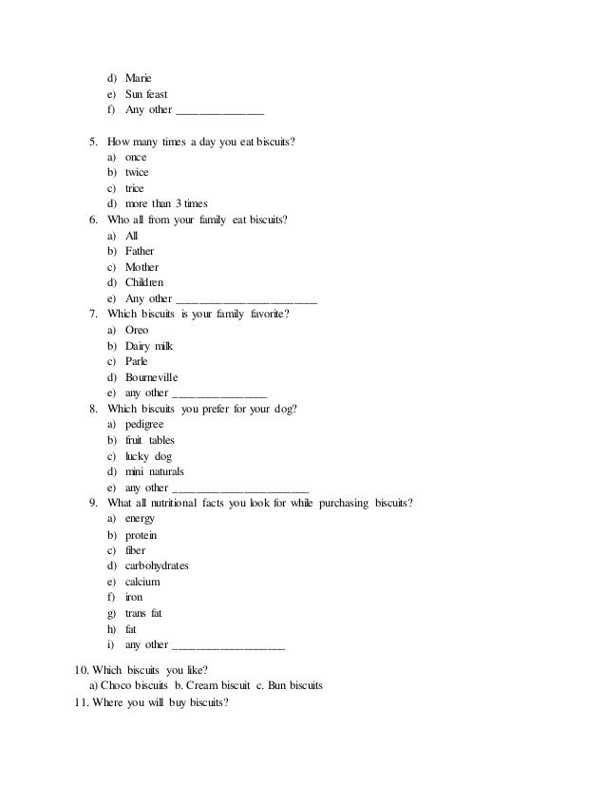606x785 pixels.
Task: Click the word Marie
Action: [139, 79]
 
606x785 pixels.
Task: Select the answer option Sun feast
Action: [146, 95]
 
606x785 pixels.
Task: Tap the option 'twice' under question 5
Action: [137, 173]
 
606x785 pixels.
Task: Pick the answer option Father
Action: [140, 252]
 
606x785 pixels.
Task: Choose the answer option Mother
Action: [142, 267]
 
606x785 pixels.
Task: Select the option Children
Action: [144, 283]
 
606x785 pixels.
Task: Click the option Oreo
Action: [137, 330]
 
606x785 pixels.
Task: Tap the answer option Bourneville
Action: [151, 377]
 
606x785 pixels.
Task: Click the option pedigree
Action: [144, 424]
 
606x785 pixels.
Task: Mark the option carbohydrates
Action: [157, 565]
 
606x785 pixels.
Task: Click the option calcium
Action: [142, 582]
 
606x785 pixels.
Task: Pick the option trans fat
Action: [143, 613]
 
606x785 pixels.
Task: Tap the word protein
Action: [142, 534]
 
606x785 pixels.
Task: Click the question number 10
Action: [82, 670]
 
